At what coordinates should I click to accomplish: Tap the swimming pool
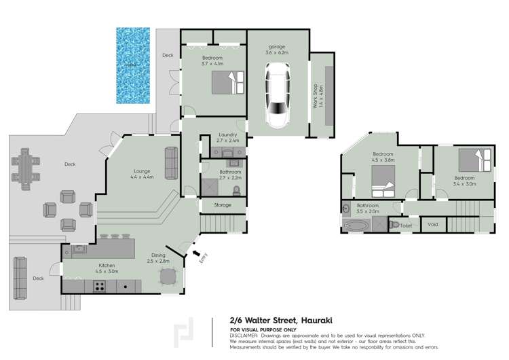[132, 67]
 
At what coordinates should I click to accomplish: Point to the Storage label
[222, 204]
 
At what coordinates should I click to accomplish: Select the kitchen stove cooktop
[99, 286]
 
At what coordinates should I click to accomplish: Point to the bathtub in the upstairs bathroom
[356, 226]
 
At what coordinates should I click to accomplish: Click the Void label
[433, 225]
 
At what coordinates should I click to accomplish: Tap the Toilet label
[407, 225]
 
